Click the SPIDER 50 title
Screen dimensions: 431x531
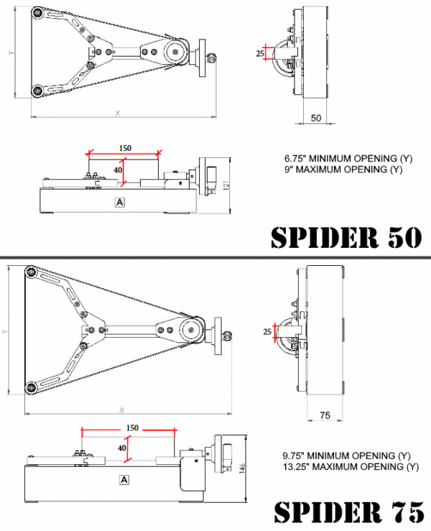pos(346,237)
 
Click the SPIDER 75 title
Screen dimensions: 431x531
pos(348,512)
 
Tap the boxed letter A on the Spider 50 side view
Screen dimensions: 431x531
pos(120,202)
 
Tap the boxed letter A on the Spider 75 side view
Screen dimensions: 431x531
pos(124,479)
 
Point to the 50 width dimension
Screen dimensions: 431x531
pos(316,118)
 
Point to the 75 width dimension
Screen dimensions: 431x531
pos(325,415)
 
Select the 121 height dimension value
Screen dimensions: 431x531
pos(226,185)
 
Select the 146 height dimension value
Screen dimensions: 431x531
pos(242,468)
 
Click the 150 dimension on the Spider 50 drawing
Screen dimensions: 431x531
pos(125,148)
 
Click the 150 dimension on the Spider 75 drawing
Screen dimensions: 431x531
pos(132,428)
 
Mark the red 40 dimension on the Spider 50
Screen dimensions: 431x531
pos(118,170)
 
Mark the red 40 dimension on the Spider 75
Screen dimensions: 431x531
pos(122,448)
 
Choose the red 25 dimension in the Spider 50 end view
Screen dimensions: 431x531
pos(260,53)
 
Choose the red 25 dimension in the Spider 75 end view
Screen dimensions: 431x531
pos(267,331)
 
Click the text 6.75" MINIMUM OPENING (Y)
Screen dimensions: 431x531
pos(348,158)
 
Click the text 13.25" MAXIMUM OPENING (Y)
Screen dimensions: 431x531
pos(351,466)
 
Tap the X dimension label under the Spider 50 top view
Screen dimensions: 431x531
pos(118,113)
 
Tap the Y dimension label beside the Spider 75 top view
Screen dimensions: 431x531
pos(4,331)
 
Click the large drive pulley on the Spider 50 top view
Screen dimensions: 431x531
pos(175,52)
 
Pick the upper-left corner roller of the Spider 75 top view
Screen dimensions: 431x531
pos(31,272)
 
